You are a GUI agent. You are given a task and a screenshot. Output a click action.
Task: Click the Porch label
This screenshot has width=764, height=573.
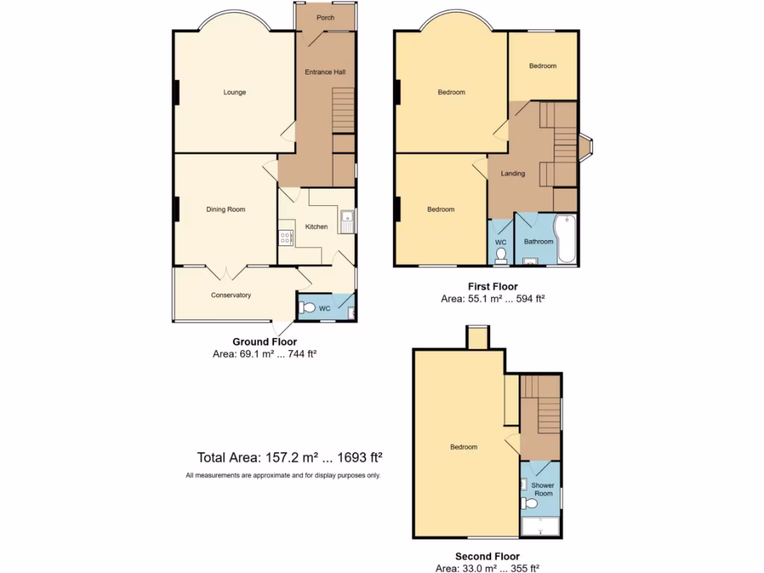click(x=325, y=17)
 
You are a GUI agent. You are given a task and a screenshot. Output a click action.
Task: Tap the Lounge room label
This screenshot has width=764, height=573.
click(x=234, y=93)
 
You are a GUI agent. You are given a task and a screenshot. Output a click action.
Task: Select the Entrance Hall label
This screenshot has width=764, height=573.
click(x=325, y=72)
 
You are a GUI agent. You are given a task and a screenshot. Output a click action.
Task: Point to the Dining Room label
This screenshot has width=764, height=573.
click(x=225, y=210)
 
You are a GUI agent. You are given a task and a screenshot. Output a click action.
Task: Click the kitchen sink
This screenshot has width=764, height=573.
click(x=347, y=221)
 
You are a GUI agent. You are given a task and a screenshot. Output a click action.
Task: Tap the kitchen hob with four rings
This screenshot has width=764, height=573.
click(x=286, y=238)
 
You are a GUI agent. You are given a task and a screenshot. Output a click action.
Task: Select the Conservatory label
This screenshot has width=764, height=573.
click(x=231, y=295)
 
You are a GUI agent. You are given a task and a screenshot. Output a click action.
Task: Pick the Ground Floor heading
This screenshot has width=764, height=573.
click(x=265, y=342)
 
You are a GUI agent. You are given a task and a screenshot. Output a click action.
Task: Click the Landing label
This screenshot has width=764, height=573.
click(x=513, y=174)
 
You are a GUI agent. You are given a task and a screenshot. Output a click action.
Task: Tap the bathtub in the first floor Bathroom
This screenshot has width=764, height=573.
click(x=566, y=239)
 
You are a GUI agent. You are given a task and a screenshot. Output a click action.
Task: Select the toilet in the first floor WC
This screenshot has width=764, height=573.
click(x=501, y=255)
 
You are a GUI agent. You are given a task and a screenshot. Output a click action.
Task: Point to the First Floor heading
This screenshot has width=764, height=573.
click(x=492, y=286)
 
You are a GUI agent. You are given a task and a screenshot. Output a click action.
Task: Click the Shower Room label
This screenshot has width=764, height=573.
click(x=543, y=489)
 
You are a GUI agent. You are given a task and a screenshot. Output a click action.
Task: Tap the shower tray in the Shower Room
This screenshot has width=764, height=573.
click(x=541, y=527)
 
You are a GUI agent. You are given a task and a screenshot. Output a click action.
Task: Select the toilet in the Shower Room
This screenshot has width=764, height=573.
click(x=529, y=504)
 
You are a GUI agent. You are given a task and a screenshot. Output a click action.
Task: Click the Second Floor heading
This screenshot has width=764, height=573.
click(x=487, y=557)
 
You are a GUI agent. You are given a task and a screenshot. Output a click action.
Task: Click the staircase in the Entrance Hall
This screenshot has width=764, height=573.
click(x=342, y=109)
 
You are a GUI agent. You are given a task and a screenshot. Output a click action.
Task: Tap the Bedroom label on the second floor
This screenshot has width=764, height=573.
click(x=463, y=447)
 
